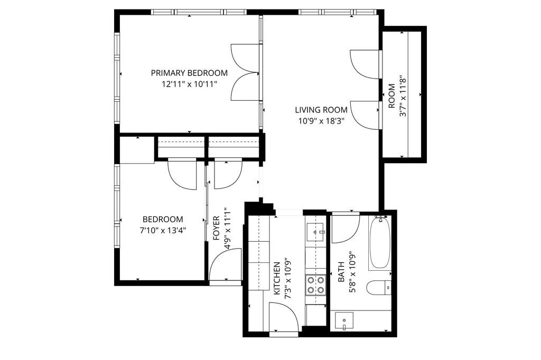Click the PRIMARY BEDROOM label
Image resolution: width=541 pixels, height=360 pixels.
(189, 73)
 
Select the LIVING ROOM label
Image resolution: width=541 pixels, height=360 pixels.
(321, 110)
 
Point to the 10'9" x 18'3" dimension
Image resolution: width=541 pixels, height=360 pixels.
(321, 120)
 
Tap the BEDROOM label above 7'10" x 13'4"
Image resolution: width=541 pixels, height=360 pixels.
(163, 219)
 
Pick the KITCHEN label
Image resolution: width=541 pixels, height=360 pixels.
(276, 278)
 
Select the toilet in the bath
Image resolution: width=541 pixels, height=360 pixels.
(379, 288)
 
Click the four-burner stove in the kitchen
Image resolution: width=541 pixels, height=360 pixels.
(315, 285)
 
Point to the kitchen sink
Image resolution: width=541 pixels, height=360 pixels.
(315, 231)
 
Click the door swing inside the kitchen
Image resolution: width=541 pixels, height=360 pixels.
(283, 317)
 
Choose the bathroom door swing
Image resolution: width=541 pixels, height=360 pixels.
(344, 227)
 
